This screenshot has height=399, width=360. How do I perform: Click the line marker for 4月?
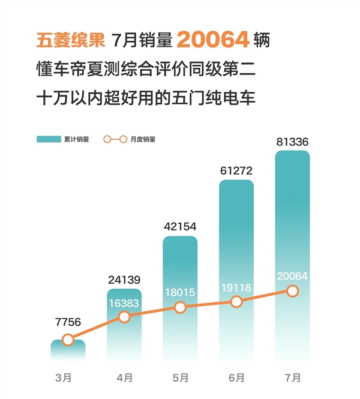[x=124, y=316]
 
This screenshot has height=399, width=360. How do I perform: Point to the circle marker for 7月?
[x=292, y=291]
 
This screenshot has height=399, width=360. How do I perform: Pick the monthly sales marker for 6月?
[x=236, y=302]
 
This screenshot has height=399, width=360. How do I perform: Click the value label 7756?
[x=68, y=322]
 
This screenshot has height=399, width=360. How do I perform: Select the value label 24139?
[x=124, y=279]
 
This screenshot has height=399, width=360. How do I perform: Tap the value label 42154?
[x=180, y=226]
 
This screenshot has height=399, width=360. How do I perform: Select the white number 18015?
[x=180, y=293]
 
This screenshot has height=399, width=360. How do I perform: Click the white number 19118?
[x=236, y=287]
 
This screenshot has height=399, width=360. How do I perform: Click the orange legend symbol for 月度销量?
[x=115, y=139]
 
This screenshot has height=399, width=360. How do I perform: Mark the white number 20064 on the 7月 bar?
[x=292, y=276]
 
